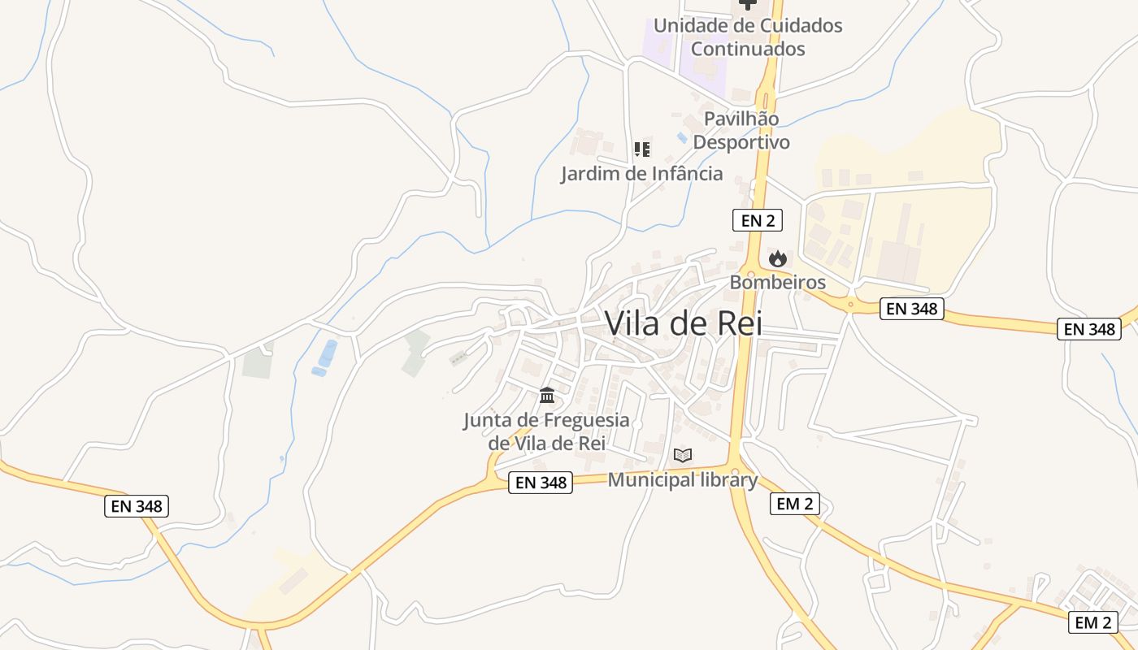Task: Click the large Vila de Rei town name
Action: tap(684, 323)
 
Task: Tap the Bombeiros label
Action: tap(777, 283)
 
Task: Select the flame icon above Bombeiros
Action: tap(778, 259)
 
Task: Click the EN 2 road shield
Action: tap(757, 219)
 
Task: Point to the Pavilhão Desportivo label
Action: tap(741, 130)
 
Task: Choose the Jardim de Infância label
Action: tap(641, 173)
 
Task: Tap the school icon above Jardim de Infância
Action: tap(642, 149)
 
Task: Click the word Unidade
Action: tap(688, 25)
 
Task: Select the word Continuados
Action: tap(748, 49)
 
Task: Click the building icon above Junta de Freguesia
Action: tap(547, 396)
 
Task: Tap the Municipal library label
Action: tap(682, 479)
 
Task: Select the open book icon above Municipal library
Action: tap(683, 455)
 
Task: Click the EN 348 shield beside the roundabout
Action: tap(911, 309)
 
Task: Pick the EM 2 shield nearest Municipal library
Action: tap(794, 504)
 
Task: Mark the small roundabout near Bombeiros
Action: tap(851, 305)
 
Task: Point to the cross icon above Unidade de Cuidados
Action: tap(747, 4)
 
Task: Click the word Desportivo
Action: tap(741, 142)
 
